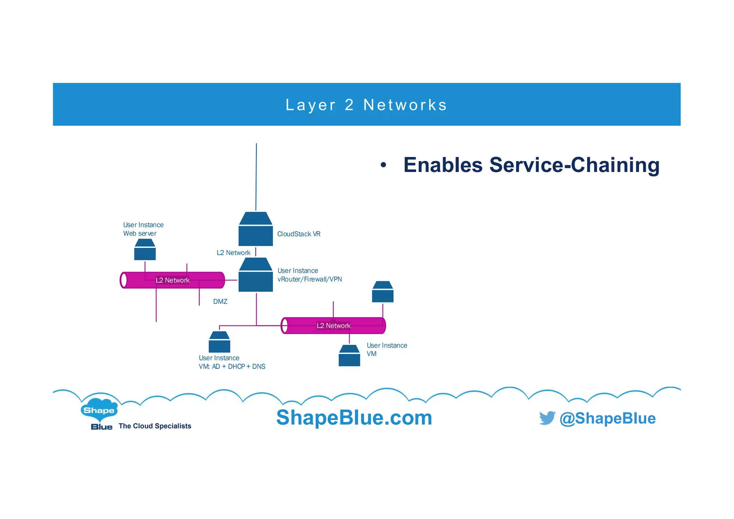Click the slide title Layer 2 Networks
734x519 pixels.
(366, 105)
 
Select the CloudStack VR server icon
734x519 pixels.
(256, 229)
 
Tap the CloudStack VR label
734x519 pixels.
(299, 234)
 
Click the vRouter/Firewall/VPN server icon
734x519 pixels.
(256, 275)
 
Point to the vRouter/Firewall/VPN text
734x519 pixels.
(310, 279)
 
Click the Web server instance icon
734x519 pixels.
(145, 250)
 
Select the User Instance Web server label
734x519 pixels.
(143, 229)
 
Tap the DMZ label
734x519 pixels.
(220, 301)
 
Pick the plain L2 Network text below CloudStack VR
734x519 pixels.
(233, 253)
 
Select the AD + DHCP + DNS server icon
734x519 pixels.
(219, 342)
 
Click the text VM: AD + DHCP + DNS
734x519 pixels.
(232, 366)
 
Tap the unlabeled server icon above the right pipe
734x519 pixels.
(383, 292)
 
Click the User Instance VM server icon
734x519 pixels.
(349, 356)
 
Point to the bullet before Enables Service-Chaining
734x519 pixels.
(383, 165)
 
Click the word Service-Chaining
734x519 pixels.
(574, 165)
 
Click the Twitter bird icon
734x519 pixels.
(547, 418)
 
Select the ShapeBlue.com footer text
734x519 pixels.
(354, 418)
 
